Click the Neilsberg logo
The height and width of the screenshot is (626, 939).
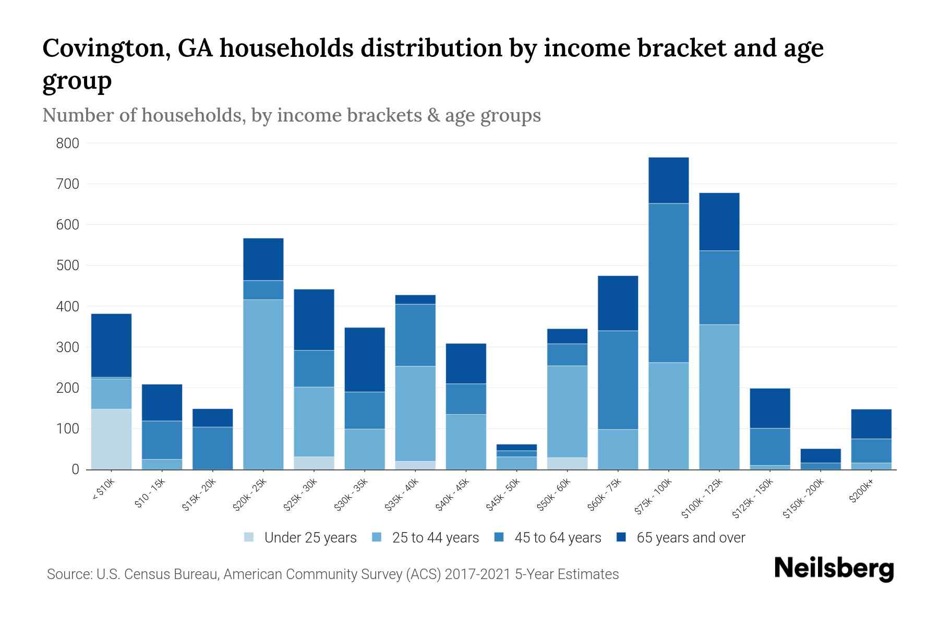tap(834, 569)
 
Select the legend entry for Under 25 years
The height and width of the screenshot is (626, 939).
tap(300, 538)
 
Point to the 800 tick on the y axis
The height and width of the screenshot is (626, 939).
tap(67, 143)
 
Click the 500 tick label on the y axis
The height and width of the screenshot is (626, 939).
tap(67, 266)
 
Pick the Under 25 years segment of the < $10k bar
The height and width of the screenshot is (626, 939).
tap(111, 439)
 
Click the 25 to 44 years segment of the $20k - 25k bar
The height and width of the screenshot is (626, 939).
tap(263, 384)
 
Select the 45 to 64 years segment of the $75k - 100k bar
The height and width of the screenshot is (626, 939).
tap(668, 283)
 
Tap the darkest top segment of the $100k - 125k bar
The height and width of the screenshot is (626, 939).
tap(719, 222)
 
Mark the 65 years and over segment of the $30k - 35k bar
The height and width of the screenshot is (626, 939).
tap(365, 359)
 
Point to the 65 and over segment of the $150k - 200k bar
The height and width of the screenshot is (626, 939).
tap(820, 456)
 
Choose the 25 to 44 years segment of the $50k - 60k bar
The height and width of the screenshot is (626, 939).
tap(567, 412)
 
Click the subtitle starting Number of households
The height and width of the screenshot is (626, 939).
tap(291, 115)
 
